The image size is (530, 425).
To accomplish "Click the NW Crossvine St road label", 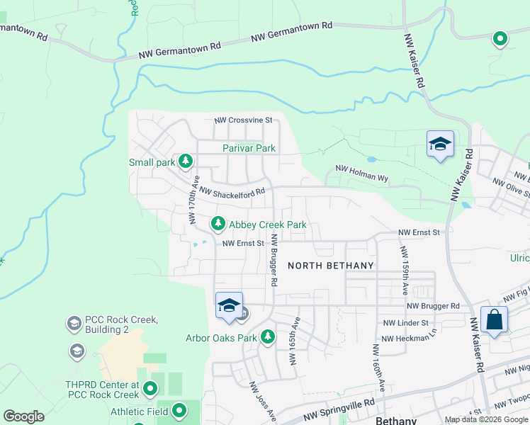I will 243,120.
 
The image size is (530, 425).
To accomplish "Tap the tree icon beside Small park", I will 185,162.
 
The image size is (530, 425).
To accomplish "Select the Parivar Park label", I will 249,148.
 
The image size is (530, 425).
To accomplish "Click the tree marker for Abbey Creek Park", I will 218,225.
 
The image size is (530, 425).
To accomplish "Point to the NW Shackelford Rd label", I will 232,191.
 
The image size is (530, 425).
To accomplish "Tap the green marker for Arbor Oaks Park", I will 268,337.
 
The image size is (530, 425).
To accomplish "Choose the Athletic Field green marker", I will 179,410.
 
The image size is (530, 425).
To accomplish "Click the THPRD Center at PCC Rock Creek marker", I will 150,388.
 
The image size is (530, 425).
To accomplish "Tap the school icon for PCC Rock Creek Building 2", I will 74,324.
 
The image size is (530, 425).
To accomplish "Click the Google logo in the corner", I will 23,416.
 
